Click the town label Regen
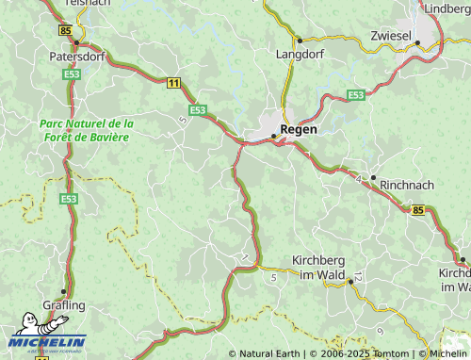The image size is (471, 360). pos(299,129)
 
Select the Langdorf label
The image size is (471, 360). pos(300,55)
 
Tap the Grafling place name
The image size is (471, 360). pos(64,305)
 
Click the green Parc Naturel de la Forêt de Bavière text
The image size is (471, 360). pos(87,129)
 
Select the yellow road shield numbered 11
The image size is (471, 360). pos(172,83)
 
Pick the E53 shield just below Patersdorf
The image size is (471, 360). pos(72,73)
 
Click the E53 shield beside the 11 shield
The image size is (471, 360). pos(197,110)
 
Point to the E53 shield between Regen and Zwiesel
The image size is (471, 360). pos(355,95)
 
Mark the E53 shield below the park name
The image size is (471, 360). pos(69,199)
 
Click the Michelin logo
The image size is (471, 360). pos(47,343)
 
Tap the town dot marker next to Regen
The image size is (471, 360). pos(273,137)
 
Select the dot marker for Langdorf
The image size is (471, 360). pos(299,41)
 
